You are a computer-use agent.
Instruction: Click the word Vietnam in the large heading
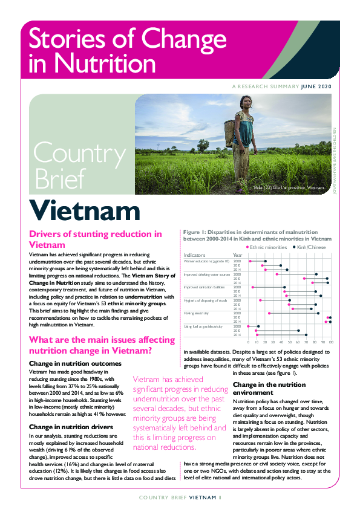85,211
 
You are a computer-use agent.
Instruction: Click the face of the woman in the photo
246,103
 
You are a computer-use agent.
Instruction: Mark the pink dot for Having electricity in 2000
269,313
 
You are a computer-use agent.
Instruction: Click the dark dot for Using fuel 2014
306,335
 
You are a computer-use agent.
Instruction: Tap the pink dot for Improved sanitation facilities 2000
252,287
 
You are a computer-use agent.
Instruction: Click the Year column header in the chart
238,255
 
